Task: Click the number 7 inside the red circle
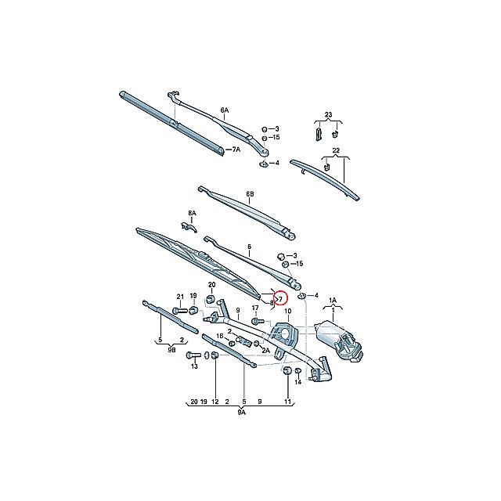(280, 297)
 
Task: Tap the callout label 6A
(225, 111)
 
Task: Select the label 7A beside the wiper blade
(235, 149)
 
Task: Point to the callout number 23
(328, 116)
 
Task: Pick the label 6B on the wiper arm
(250, 193)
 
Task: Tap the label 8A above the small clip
(192, 213)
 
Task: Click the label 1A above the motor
(332, 301)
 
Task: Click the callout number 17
(255, 308)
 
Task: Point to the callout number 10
(287, 312)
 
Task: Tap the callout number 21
(179, 297)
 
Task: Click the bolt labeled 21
(178, 311)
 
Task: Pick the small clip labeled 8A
(187, 227)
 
